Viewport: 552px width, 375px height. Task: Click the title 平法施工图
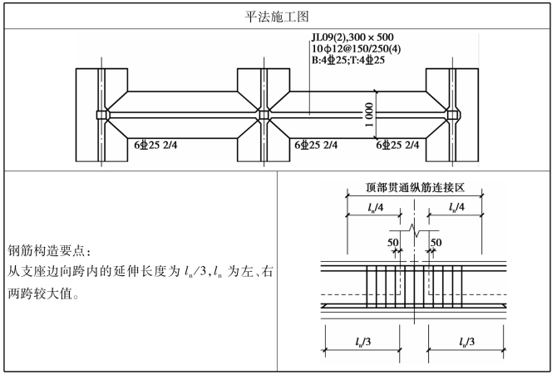pyautogui.click(x=274, y=16)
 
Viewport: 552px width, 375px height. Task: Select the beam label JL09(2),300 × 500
pyautogui.click(x=352, y=37)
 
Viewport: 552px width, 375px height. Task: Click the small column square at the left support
pyautogui.click(x=102, y=115)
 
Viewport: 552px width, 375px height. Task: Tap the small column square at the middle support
pyautogui.click(x=264, y=115)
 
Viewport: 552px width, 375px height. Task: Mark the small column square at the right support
pyautogui.click(x=452, y=115)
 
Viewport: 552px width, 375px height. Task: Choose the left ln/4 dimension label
pyautogui.click(x=376, y=206)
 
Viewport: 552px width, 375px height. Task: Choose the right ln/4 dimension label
pyautogui.click(x=456, y=206)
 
